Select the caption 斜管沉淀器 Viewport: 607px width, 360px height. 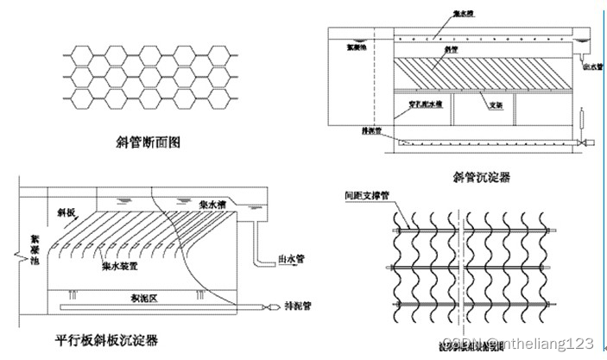481,176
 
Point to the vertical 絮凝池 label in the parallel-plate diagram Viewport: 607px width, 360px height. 35,246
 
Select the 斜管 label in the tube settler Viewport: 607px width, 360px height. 450,50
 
